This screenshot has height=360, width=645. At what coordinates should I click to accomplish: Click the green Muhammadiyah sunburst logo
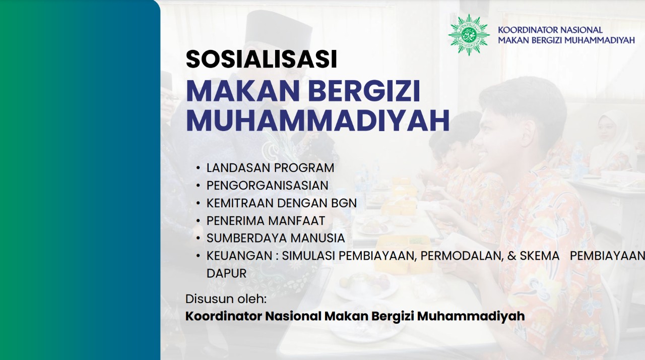(x=469, y=35)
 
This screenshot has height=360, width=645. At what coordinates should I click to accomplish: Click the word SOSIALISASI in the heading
(x=262, y=59)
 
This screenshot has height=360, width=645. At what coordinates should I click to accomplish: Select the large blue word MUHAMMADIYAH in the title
(x=318, y=120)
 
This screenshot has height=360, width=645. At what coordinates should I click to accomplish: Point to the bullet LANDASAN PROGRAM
(x=271, y=168)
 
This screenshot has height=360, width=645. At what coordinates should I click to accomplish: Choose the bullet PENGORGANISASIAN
(x=268, y=186)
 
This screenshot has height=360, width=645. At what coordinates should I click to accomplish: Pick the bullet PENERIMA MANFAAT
(x=266, y=221)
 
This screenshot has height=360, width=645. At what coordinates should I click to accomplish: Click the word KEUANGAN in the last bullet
(x=239, y=256)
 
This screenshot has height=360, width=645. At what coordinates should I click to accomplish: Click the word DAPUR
(x=226, y=273)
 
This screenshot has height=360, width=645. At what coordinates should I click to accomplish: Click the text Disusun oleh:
(x=226, y=299)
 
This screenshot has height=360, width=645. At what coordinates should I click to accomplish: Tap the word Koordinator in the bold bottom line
(x=224, y=316)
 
